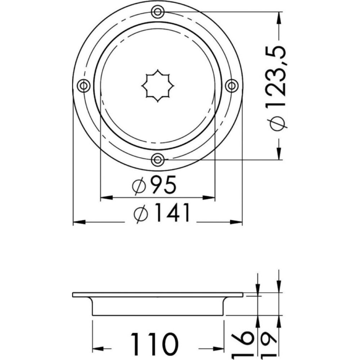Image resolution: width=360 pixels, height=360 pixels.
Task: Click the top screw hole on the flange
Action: coord(158,12)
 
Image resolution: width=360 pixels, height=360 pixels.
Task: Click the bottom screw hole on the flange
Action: coord(158,159)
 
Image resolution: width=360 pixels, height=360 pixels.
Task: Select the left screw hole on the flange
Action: coord(84,86)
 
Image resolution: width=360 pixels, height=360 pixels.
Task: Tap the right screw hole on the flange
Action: coord(231,86)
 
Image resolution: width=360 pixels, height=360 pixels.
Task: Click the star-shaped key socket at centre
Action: coord(158,86)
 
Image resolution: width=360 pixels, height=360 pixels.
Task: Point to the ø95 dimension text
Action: coord(155,186)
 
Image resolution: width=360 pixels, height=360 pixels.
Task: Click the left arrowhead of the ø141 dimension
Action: coord(78,222)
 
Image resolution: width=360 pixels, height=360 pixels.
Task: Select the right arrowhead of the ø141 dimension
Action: coord(237,222)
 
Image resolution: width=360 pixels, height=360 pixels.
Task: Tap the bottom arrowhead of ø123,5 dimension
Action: coord(279,154)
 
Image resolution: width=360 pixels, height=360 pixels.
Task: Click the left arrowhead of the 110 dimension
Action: coord(98,349)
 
